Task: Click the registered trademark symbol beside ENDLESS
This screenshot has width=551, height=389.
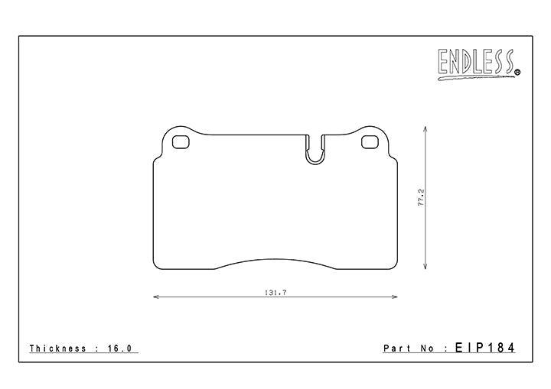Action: (517, 73)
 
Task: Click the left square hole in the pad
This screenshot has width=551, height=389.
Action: (181, 141)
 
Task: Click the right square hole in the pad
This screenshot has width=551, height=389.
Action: (370, 141)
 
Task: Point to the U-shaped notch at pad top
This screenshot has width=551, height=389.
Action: (315, 151)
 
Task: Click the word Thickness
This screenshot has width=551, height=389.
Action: (58, 348)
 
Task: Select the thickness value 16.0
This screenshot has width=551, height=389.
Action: (122, 348)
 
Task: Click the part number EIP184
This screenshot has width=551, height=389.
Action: (484, 348)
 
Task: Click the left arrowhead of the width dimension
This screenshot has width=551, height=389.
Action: (155, 297)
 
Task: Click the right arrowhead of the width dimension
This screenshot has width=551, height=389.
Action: (396, 297)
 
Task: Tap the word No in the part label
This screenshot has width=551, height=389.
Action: (426, 348)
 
